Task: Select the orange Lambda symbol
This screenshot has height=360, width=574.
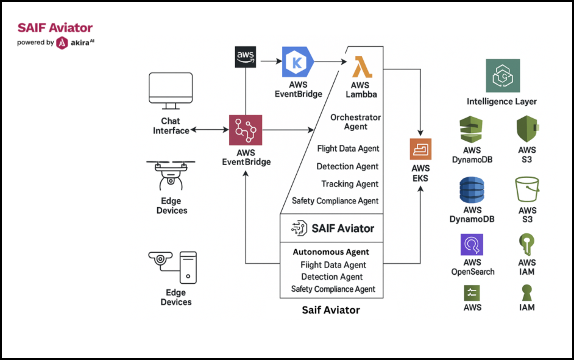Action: [363, 66]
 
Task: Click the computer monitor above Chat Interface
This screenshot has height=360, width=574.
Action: [171, 90]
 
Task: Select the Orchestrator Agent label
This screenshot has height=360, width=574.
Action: [355, 122]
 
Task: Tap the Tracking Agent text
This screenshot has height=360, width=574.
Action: [350, 184]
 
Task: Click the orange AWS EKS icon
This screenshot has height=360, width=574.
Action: [420, 149]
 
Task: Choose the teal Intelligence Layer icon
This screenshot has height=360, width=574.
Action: [503, 76]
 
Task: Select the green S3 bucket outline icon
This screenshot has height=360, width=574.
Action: [527, 189]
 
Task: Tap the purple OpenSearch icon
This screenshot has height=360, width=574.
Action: [472, 245]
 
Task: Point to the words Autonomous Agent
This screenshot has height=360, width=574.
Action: [331, 252]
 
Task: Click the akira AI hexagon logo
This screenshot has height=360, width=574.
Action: [62, 43]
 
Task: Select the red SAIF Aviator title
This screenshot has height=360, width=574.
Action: [55, 27]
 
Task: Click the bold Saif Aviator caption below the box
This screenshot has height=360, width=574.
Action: [331, 310]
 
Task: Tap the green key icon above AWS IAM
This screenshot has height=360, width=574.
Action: [526, 245]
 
